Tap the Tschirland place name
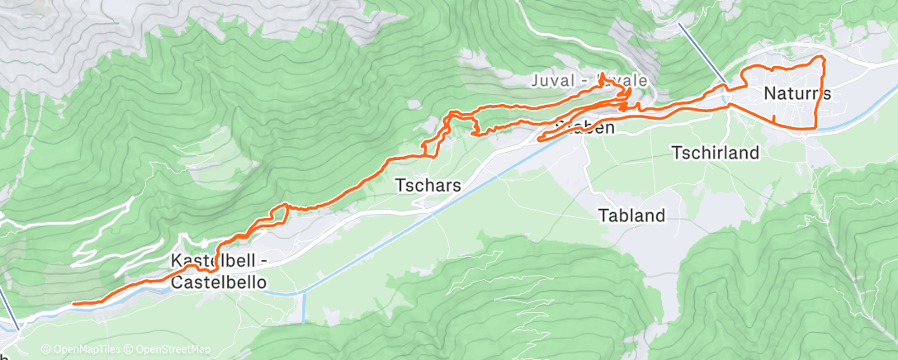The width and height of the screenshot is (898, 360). [715, 153]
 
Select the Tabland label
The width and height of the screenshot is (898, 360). [631, 216]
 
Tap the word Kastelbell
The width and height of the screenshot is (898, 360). [213, 262]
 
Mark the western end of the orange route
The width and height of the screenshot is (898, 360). [74, 304]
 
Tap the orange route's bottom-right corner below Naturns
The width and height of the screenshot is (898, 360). [815, 127]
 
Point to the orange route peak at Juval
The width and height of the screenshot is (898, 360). [603, 75]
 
